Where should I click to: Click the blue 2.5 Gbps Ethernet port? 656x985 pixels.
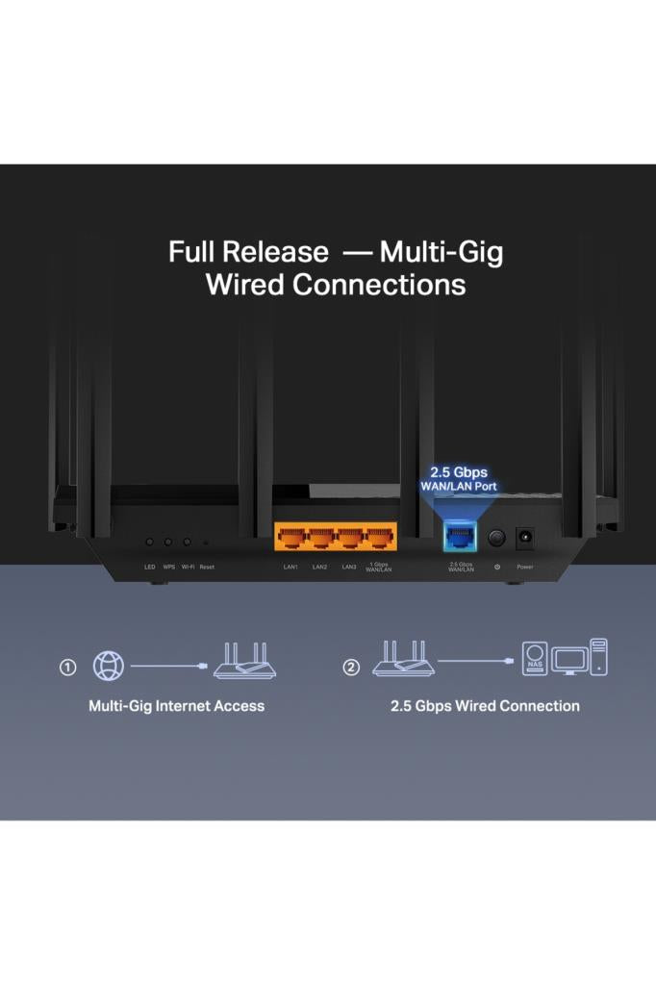pyautogui.click(x=460, y=539)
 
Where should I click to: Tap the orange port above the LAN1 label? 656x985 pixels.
pyautogui.click(x=291, y=537)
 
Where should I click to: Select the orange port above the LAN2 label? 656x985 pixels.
pyautogui.click(x=320, y=537)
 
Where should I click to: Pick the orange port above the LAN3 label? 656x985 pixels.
pyautogui.click(x=350, y=537)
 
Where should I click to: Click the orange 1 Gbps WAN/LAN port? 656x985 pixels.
pyautogui.click(x=379, y=537)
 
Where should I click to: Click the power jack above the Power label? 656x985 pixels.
pyautogui.click(x=525, y=538)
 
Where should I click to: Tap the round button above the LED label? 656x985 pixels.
pyautogui.click(x=149, y=543)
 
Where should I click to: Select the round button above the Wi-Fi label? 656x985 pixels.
pyautogui.click(x=187, y=543)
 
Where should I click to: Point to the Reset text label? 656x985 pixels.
pyautogui.click(x=207, y=567)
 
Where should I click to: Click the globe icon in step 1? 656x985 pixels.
pyautogui.click(x=108, y=666)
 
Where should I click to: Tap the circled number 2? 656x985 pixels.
pyautogui.click(x=351, y=667)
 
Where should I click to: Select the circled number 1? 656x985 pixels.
pyautogui.click(x=67, y=667)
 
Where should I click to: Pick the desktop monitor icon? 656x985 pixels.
pyautogui.click(x=569, y=661)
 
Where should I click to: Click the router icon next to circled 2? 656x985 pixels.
pyautogui.click(x=403, y=660)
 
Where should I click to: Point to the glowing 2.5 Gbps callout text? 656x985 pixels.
pyautogui.click(x=458, y=472)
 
